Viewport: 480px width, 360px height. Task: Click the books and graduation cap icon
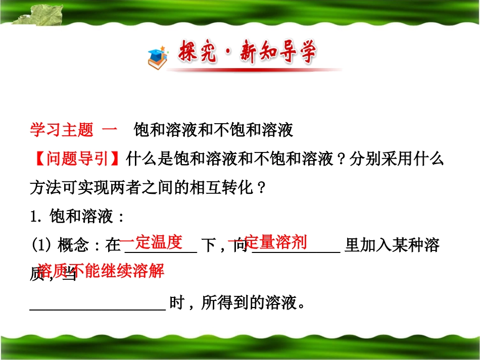[x=158, y=58]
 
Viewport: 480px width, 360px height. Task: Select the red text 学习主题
[x=62, y=131]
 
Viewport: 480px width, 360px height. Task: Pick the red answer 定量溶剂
[x=275, y=242]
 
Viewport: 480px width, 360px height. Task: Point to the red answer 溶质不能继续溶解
[x=101, y=271]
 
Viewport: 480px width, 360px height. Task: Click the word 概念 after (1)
[x=73, y=246]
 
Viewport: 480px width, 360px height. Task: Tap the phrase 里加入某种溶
[x=391, y=246]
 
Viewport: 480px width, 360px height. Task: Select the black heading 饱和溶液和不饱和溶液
[x=213, y=131]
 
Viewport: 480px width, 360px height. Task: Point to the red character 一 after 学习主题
[x=110, y=131]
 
